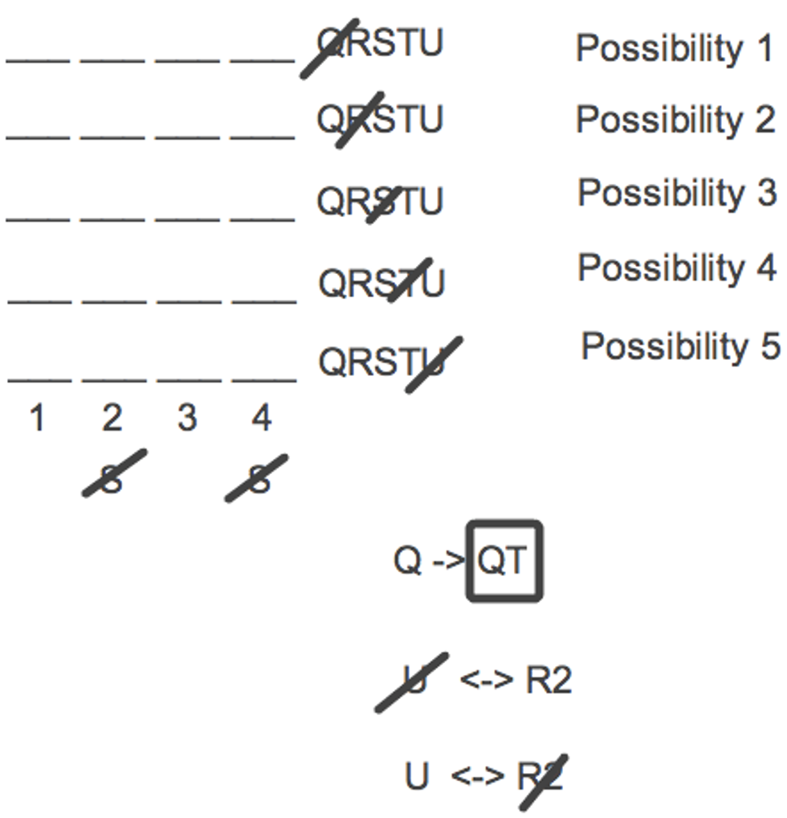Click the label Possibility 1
tap(675, 49)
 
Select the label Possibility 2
tap(675, 120)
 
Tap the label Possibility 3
tap(678, 194)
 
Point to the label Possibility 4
tap(678, 268)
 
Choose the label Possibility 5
tap(681, 346)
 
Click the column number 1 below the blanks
tap(36, 418)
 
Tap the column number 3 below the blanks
tap(187, 418)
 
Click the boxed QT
tap(504, 561)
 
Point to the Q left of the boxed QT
tap(408, 561)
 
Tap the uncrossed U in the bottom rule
tap(417, 775)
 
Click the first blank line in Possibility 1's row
tap(38, 62)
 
